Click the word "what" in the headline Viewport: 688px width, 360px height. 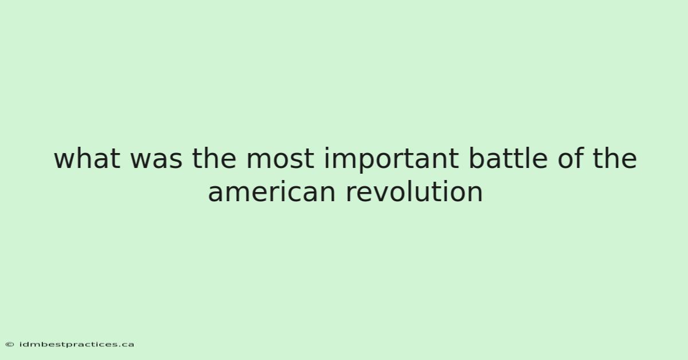[87, 158]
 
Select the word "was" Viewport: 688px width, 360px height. [157, 161]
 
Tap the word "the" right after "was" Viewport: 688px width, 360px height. [214, 158]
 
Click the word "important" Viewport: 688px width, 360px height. [392, 161]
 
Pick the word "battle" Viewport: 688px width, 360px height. [509, 158]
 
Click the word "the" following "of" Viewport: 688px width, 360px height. [615, 158]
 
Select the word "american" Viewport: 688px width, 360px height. [272, 192]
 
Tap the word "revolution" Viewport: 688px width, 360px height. [415, 192]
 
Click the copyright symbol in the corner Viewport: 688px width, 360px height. [10, 345]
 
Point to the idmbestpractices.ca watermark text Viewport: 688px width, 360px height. [76, 345]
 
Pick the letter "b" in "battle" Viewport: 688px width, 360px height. [477, 158]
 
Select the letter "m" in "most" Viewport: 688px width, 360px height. [259, 161]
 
